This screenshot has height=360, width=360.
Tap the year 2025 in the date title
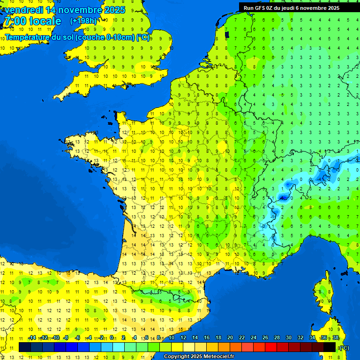pyautogui.click(x=114, y=10)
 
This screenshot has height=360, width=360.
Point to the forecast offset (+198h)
pyautogui.click(x=83, y=21)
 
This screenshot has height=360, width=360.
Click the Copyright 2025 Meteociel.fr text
pyautogui.click(x=199, y=357)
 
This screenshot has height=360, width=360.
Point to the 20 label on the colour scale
pyautogui.click(x=230, y=338)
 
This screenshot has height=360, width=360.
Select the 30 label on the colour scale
pyautogui.click(x=288, y=338)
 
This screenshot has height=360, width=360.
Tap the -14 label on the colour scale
pyautogui.click(x=32, y=338)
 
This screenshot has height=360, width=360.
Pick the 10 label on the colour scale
pyautogui.click(x=172, y=338)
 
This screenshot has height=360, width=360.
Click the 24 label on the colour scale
pyautogui.click(x=253, y=338)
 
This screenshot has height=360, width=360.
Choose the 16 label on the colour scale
pyautogui.click(x=207, y=338)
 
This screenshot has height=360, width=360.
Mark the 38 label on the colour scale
pyautogui.click(x=336, y=338)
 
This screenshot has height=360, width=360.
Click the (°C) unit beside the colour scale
pyautogui.click(x=344, y=348)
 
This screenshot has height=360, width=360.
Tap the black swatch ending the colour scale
pyautogui.click(x=330, y=347)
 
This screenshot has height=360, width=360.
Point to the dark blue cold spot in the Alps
pyautogui.click(x=284, y=198)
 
